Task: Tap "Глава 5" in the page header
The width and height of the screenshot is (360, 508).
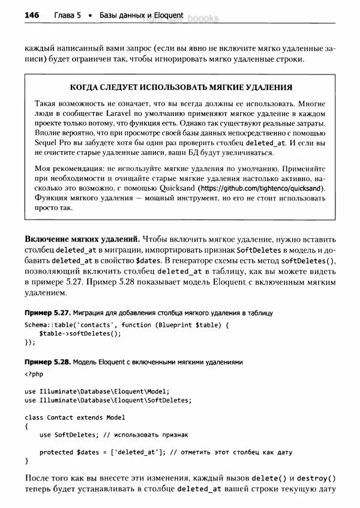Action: [x=68, y=16]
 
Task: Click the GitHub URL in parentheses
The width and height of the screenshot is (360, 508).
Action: [x=261, y=188]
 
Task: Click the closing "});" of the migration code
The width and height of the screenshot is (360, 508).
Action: [x=30, y=343]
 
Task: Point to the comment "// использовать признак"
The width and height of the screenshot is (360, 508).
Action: [x=146, y=435]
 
